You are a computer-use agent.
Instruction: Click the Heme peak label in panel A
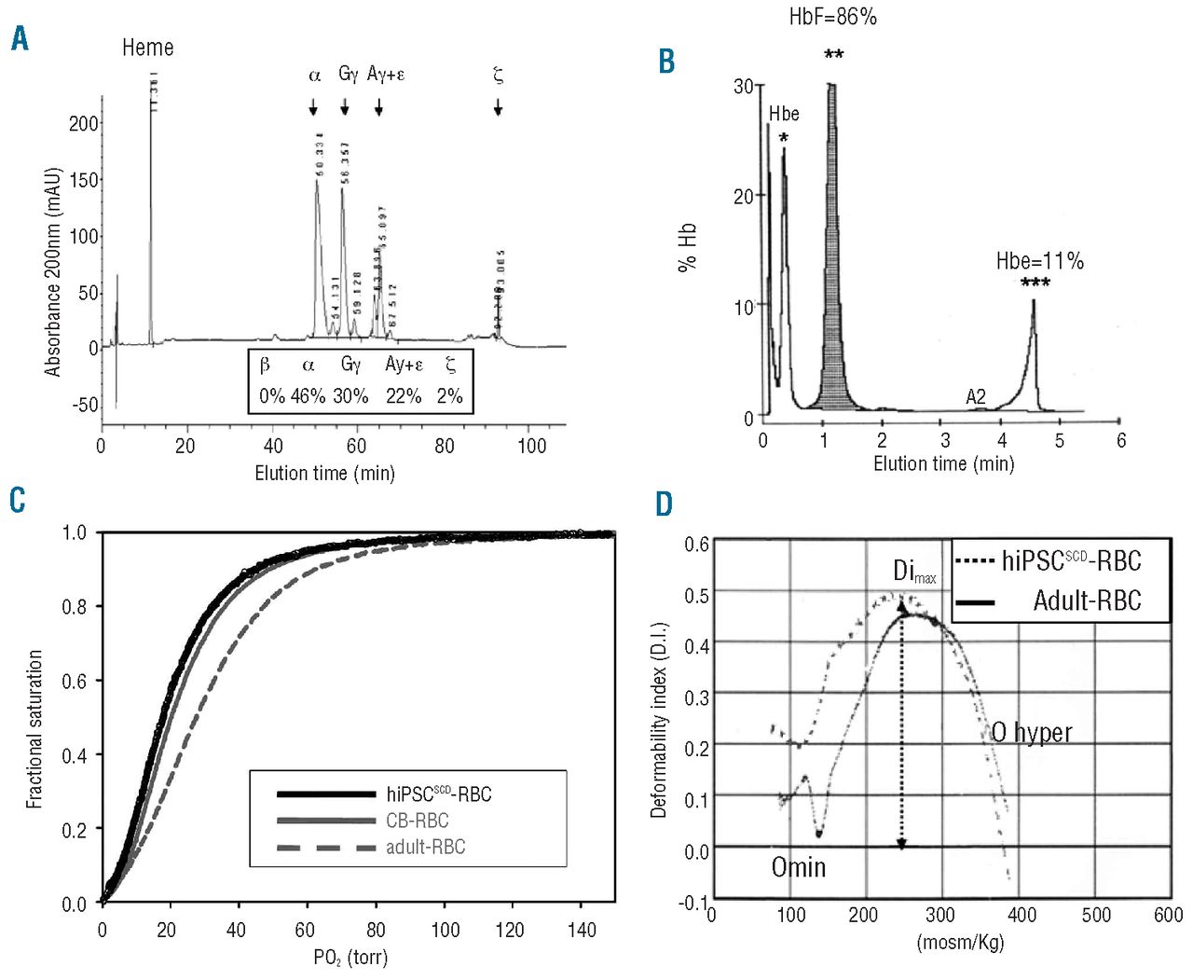click(147, 48)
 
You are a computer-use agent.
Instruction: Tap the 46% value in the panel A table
click(308, 395)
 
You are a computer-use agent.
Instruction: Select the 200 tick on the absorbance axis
click(83, 123)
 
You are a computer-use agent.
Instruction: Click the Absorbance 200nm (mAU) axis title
click(53, 271)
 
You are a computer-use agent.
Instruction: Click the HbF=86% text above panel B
click(832, 17)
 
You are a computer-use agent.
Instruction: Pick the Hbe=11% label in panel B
click(1039, 261)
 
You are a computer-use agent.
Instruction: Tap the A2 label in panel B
click(975, 396)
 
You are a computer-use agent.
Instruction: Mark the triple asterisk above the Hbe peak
click(1035, 283)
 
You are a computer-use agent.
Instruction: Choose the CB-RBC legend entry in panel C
click(417, 821)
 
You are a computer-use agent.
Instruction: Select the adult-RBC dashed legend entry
click(425, 847)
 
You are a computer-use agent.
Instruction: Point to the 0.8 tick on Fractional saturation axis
click(74, 606)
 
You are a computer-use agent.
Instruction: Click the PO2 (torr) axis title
click(350, 958)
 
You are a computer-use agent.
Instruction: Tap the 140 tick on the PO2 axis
click(581, 930)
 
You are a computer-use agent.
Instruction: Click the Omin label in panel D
click(798, 868)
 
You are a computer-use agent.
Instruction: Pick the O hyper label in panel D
click(1031, 733)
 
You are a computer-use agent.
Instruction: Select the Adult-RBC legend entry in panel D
click(1087, 600)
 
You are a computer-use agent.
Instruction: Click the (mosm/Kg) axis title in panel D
click(960, 942)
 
